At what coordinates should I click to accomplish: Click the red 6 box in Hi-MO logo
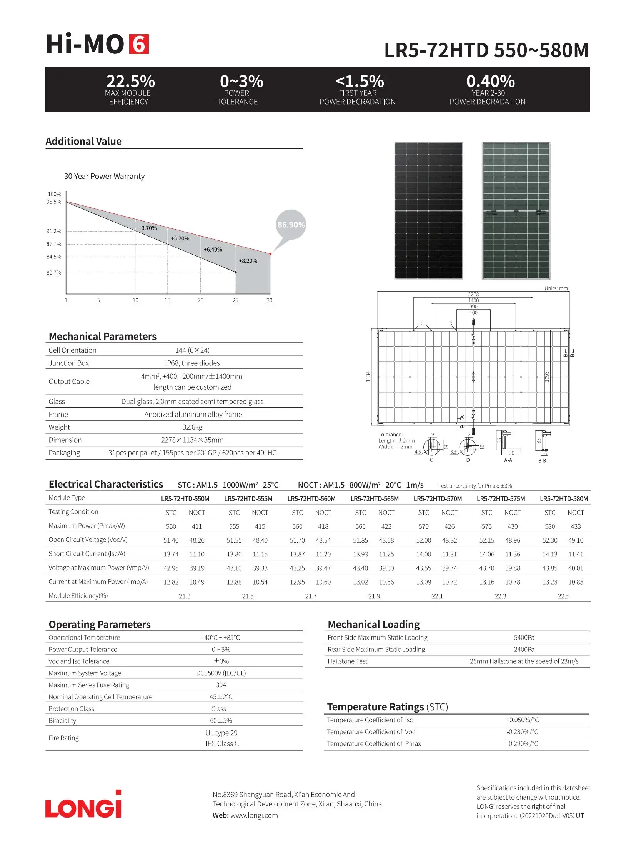(x=138, y=44)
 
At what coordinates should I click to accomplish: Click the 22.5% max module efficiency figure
(x=130, y=81)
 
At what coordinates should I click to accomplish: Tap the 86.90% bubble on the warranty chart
(x=291, y=225)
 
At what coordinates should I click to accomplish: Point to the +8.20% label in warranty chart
(x=248, y=261)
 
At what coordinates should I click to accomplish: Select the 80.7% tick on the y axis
(x=54, y=273)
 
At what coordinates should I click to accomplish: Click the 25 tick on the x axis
(x=235, y=300)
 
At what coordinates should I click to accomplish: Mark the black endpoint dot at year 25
(x=236, y=272)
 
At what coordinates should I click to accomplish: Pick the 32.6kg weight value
(x=193, y=427)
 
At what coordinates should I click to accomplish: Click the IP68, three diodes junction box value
(x=193, y=363)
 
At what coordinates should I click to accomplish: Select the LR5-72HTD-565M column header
(x=374, y=499)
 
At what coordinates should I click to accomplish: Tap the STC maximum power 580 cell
(x=550, y=526)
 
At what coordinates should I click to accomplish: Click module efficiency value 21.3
(x=185, y=596)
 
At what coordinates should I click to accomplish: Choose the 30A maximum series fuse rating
(x=221, y=685)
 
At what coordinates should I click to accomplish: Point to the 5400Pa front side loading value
(x=524, y=638)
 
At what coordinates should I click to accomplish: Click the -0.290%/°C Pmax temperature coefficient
(x=522, y=744)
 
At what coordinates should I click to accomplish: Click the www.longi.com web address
(x=254, y=815)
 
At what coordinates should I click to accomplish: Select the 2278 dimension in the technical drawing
(x=473, y=294)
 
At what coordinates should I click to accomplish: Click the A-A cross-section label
(x=508, y=460)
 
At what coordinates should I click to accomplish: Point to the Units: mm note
(x=556, y=288)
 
